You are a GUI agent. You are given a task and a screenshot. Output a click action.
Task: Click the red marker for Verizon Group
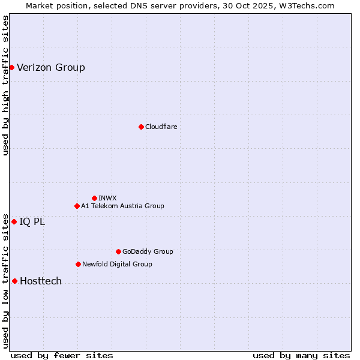click(11, 67)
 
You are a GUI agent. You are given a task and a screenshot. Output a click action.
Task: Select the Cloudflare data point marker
click(141, 127)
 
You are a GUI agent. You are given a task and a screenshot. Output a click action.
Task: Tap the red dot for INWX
click(94, 198)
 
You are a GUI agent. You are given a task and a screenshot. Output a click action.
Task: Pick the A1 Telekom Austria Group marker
click(77, 206)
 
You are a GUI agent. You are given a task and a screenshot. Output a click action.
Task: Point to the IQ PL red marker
click(14, 221)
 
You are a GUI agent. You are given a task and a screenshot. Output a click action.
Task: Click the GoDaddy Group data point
click(118, 251)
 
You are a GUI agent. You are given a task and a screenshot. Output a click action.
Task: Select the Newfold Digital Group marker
click(78, 264)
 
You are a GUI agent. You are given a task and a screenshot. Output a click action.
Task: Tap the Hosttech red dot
click(14, 281)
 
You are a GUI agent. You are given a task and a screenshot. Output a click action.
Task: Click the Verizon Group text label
click(51, 67)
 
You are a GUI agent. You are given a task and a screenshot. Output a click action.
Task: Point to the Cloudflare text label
click(161, 127)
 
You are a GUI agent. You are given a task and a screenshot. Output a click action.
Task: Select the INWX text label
click(108, 198)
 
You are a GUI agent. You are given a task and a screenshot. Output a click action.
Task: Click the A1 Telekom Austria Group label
click(122, 206)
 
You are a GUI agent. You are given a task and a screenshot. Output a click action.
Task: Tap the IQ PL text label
click(32, 221)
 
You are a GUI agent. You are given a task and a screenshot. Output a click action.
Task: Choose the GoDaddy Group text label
click(148, 251)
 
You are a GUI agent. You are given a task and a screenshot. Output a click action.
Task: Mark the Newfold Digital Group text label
click(117, 264)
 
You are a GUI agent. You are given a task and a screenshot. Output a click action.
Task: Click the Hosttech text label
click(41, 281)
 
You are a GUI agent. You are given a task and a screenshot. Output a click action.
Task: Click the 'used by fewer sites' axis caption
click(62, 355)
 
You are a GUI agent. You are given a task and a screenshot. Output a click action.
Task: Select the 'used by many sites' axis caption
click(301, 355)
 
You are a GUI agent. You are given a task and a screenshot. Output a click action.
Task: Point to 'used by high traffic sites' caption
click(5, 85)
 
